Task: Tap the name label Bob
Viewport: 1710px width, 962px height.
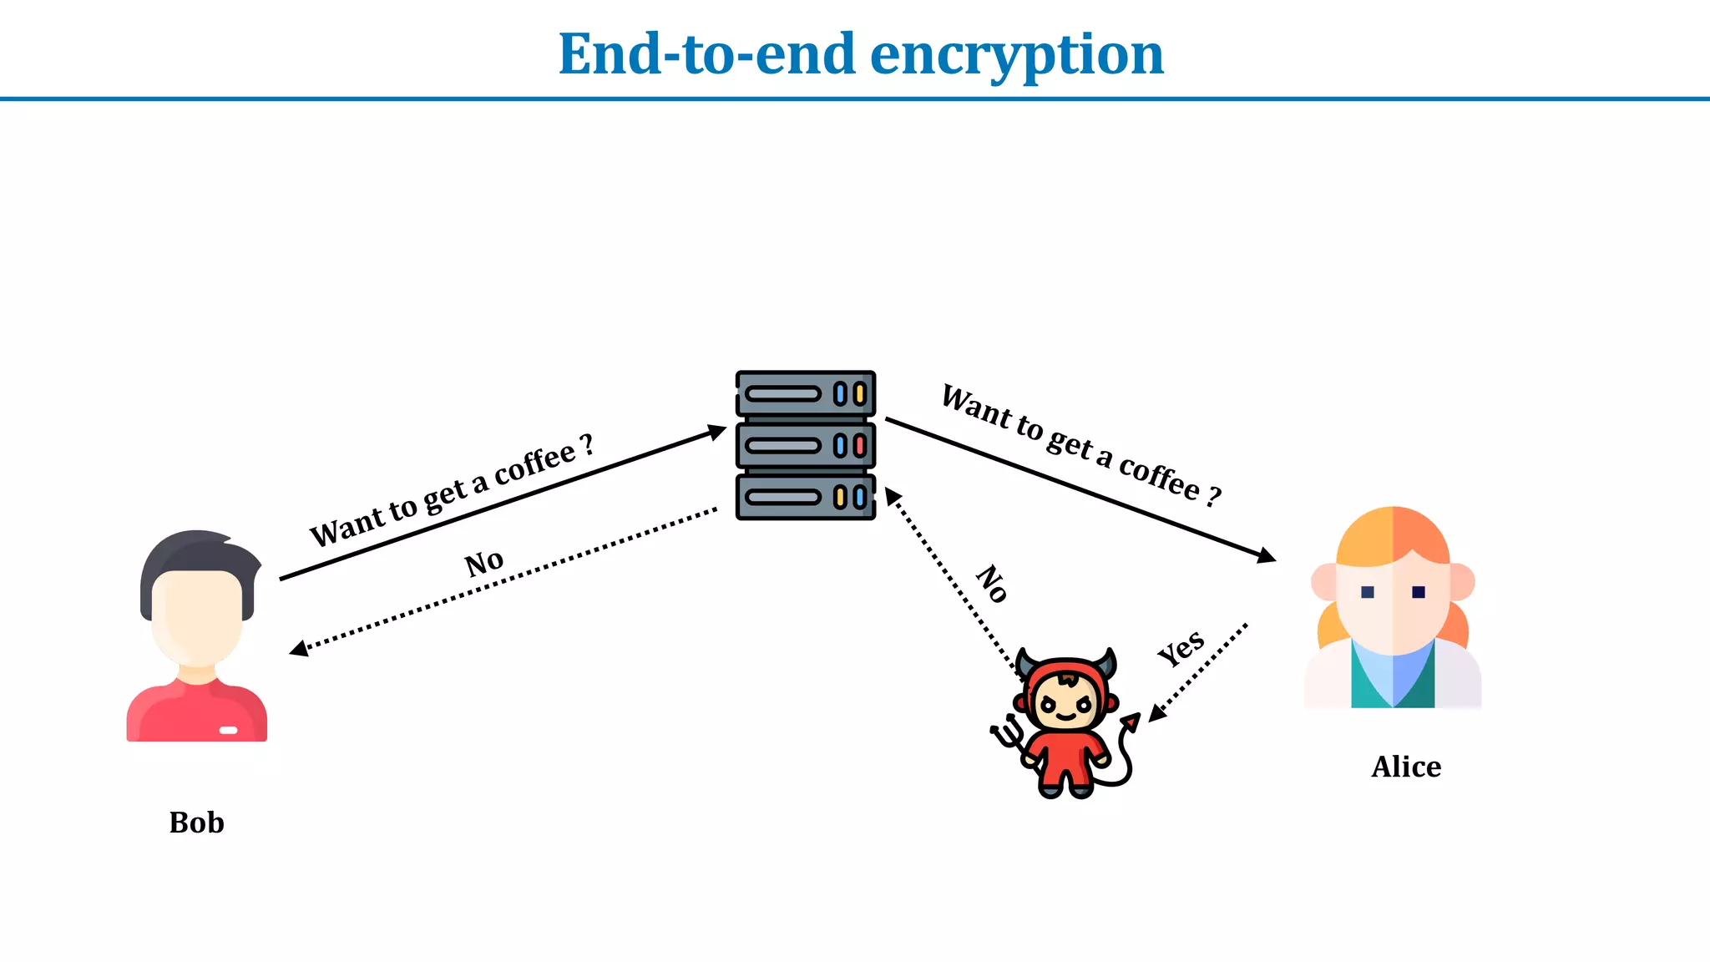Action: [x=196, y=823]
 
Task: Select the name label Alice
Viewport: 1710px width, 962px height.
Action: [x=1406, y=767]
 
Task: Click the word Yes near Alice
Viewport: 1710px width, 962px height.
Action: [x=1181, y=648]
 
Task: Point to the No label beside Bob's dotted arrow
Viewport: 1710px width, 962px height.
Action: [x=483, y=563]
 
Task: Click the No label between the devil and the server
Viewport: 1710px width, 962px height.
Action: [x=993, y=583]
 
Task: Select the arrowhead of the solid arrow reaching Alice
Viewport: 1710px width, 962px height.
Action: [x=1267, y=556]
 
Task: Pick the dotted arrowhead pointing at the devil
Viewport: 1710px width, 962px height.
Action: [x=1156, y=713]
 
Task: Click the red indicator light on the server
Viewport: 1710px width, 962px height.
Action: [x=859, y=446]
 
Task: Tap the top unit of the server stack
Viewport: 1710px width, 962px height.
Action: [x=805, y=393]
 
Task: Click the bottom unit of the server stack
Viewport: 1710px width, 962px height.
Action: [x=805, y=498]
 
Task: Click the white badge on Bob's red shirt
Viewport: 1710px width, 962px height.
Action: [x=228, y=730]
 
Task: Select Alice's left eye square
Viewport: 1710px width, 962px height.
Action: [x=1367, y=592]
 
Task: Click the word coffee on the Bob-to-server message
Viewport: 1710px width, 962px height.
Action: [x=534, y=464]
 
